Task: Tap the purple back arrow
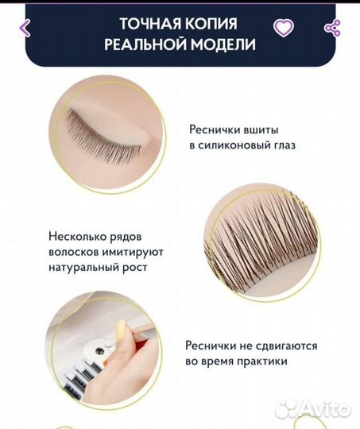click(x=25, y=28)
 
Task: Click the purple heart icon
click(x=284, y=28)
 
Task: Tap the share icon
click(x=332, y=28)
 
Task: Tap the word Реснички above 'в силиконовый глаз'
click(x=211, y=129)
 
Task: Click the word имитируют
click(x=133, y=252)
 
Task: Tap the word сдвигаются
click(x=286, y=346)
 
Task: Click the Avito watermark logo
click(x=313, y=410)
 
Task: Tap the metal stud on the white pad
click(x=99, y=351)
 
